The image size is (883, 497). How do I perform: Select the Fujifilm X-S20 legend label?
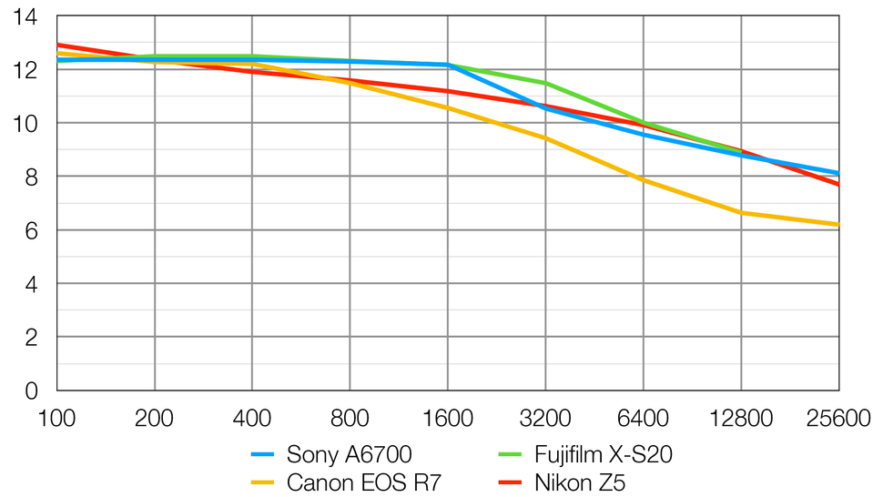coord(604,454)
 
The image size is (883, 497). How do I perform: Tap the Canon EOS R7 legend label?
coord(363,482)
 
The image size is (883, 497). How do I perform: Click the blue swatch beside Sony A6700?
coord(262,454)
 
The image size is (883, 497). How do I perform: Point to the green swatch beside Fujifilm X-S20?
coord(512,454)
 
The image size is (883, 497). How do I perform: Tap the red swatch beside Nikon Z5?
coord(512,482)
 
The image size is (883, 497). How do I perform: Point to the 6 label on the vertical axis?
coord(31,230)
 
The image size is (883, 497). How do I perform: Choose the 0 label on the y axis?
coord(31,390)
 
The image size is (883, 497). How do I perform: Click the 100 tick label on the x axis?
coord(56,419)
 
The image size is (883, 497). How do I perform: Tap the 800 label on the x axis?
coord(350,419)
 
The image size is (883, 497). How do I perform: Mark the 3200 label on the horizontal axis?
coord(545,419)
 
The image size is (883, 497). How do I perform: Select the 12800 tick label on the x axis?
coord(741,419)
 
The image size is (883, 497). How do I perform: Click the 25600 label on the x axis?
coord(837,419)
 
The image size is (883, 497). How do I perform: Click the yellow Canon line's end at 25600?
coord(838,225)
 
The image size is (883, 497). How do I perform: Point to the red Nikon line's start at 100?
coord(57,45)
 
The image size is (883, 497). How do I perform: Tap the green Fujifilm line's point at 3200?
coord(545,83)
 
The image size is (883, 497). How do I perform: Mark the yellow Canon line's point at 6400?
coord(644,180)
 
